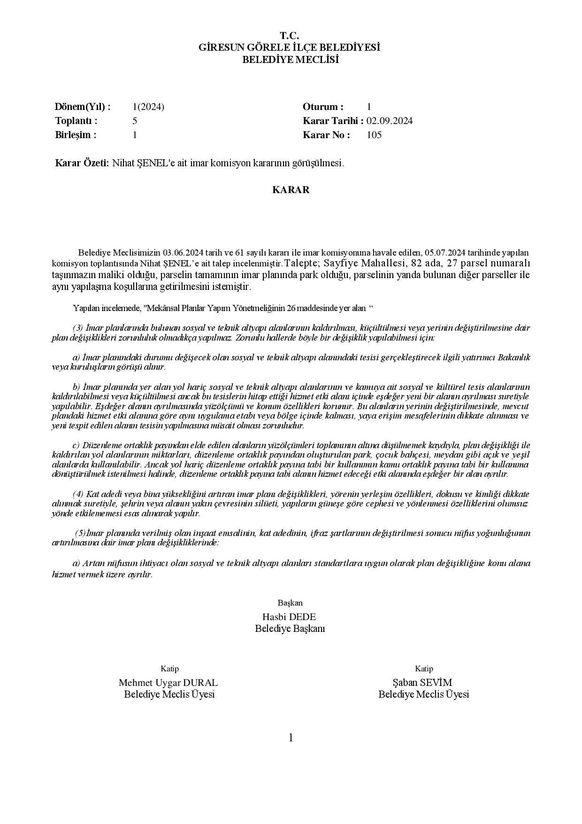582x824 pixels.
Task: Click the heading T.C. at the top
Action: [x=290, y=36]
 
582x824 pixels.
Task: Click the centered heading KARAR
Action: [x=291, y=190]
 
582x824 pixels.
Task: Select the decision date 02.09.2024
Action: [x=390, y=121]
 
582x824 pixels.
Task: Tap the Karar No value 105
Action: [x=374, y=135]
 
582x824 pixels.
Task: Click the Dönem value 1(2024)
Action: [x=148, y=107]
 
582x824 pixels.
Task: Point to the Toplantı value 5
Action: [x=135, y=121]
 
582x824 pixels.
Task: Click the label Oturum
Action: [x=323, y=107]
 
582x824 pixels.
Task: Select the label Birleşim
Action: [x=76, y=135]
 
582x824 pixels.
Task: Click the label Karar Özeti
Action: [x=82, y=163]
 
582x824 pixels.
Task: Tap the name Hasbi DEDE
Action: [x=290, y=616]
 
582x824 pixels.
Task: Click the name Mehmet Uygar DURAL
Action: [x=168, y=683]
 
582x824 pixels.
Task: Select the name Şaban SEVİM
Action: [x=423, y=683]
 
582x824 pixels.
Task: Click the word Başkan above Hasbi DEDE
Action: [x=290, y=603]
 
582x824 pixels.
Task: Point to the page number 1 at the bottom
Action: [x=291, y=738]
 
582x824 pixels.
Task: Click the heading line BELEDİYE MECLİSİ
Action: [x=290, y=60]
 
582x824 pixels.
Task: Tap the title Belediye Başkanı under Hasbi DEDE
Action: [x=290, y=629]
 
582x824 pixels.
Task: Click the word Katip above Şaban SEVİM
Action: [x=424, y=669]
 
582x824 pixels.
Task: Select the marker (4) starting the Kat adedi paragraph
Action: [x=78, y=494]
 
